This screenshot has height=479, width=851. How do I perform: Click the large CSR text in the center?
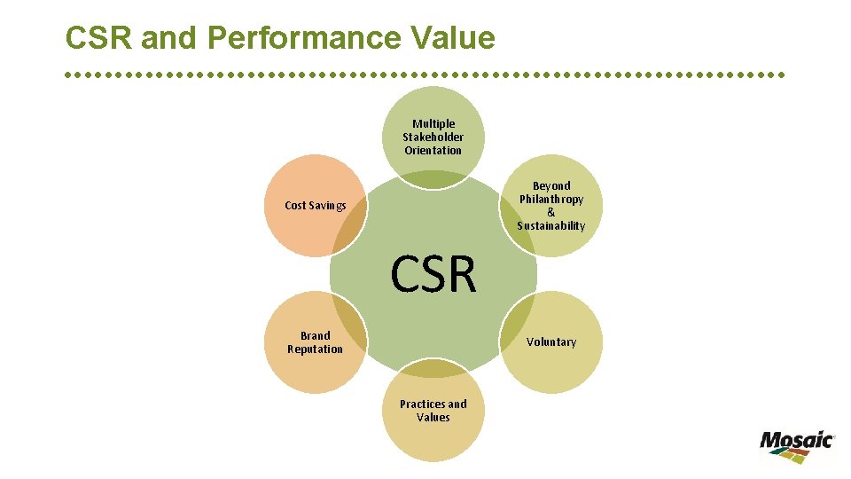(433, 274)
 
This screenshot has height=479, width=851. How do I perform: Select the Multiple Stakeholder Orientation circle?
(433, 133)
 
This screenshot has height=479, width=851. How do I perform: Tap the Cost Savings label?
(315, 206)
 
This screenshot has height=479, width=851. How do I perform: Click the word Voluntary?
(551, 342)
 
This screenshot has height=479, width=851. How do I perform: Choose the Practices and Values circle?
(433, 413)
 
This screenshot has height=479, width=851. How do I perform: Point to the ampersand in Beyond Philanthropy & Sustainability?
(551, 213)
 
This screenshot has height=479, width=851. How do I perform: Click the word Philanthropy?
(551, 200)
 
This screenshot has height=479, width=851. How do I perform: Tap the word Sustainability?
(551, 226)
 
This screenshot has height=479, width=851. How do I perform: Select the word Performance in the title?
(293, 38)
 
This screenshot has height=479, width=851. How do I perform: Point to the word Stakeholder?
(433, 137)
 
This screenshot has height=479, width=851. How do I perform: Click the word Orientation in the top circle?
(433, 151)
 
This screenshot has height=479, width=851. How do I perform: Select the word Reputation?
(315, 349)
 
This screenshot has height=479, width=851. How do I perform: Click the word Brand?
(315, 336)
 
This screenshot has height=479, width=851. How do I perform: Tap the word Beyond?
(551, 186)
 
